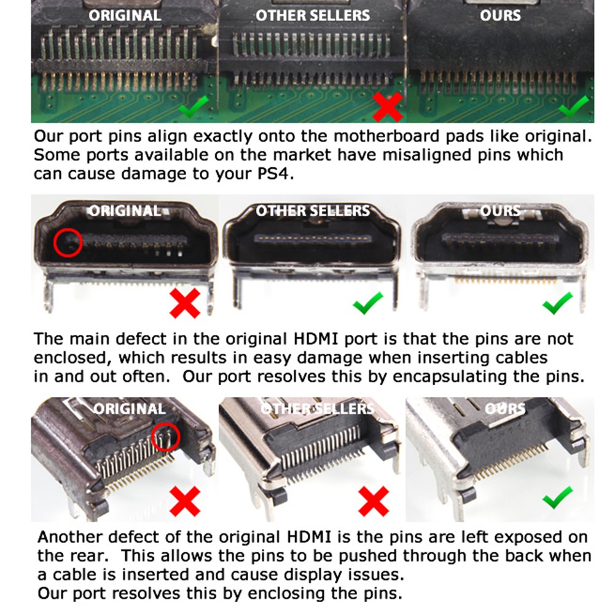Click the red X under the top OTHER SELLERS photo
pyautogui.click(x=388, y=107)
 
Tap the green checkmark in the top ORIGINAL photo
pyautogui.click(x=194, y=106)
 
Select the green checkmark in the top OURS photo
pyautogui.click(x=573, y=106)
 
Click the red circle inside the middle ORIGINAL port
pyautogui.click(x=68, y=243)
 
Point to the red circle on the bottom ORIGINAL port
pyautogui.click(x=165, y=437)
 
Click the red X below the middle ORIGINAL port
pyautogui.click(x=185, y=303)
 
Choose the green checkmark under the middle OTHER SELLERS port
pyautogui.click(x=368, y=303)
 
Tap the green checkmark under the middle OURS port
pyautogui.click(x=558, y=303)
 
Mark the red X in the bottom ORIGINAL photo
pyautogui.click(x=185, y=502)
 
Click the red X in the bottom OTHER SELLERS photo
pyautogui.click(x=374, y=502)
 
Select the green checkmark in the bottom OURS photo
pyautogui.click(x=558, y=497)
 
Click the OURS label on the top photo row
pyautogui.click(x=501, y=15)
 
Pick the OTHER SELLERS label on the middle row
pyautogui.click(x=313, y=211)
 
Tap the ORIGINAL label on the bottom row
pyautogui.click(x=130, y=409)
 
